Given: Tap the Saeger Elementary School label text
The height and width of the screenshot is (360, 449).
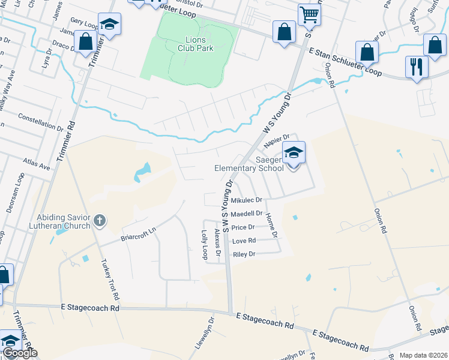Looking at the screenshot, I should pyautogui.click(x=249, y=164).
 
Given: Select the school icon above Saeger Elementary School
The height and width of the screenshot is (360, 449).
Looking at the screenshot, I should pyautogui.click(x=294, y=153).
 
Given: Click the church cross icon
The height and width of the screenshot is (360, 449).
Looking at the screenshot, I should pyautogui.click(x=100, y=221).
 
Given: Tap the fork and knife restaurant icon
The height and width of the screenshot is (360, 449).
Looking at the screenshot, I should pyautogui.click(x=416, y=66).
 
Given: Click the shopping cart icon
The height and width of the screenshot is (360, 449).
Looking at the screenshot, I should pyautogui.click(x=309, y=14).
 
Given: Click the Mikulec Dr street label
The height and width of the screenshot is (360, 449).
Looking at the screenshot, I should pyautogui.click(x=247, y=200).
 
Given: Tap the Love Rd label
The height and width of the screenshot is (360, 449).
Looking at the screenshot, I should pyautogui.click(x=244, y=241).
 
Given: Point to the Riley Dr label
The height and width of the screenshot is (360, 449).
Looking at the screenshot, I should pyautogui.click(x=244, y=254).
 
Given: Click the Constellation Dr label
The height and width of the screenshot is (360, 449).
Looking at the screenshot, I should pyautogui.click(x=40, y=122).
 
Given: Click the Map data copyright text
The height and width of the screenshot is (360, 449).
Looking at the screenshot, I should pyautogui.click(x=423, y=355).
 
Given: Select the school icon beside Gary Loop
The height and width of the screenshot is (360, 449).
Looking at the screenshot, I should pyautogui.click(x=109, y=25).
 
